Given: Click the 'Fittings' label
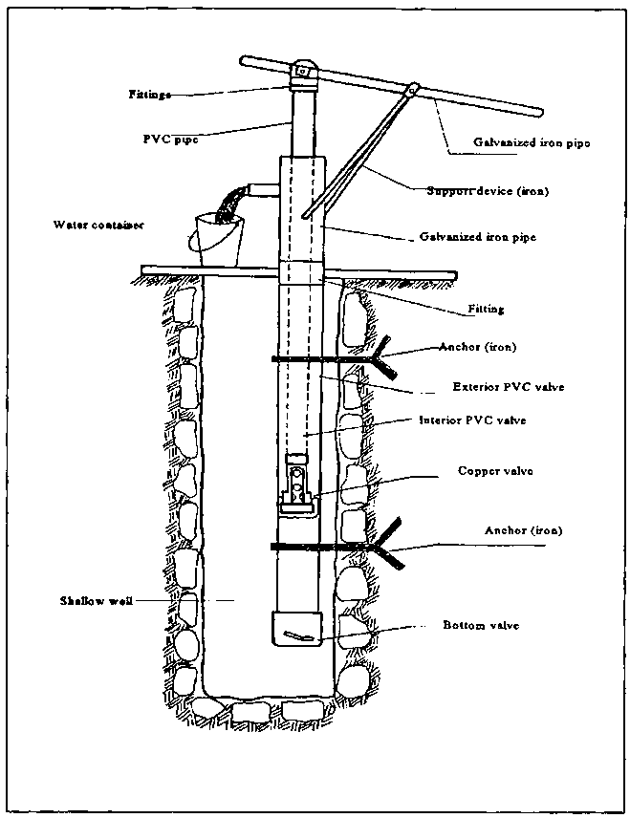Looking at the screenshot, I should [x=149, y=94].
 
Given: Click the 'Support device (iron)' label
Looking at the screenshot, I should [x=487, y=190].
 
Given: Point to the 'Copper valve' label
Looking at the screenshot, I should [x=494, y=471].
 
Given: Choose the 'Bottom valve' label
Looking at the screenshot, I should [x=482, y=625].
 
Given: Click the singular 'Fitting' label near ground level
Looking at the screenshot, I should [x=486, y=310].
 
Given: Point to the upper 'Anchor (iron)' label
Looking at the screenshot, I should [x=478, y=348].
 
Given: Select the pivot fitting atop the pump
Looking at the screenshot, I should [x=303, y=72].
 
